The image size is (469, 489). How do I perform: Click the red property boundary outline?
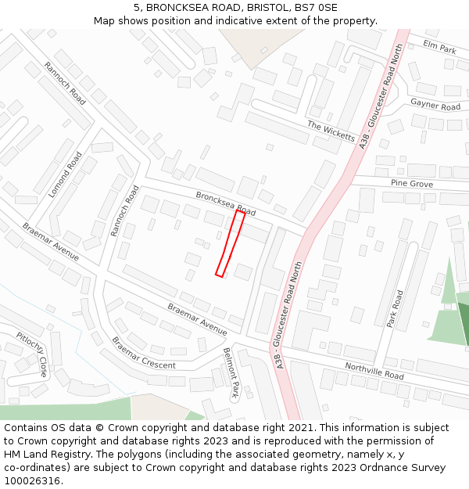click(231, 243)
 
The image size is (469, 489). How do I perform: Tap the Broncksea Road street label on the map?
click(225, 204)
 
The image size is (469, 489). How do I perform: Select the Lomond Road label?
click(66, 174)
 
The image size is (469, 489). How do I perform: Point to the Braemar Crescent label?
click(143, 354)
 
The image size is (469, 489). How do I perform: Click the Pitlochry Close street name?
click(32, 354)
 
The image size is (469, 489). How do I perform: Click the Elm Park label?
click(439, 48)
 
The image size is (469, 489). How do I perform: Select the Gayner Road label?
click(435, 105)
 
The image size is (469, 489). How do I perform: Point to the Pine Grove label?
click(411, 184)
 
